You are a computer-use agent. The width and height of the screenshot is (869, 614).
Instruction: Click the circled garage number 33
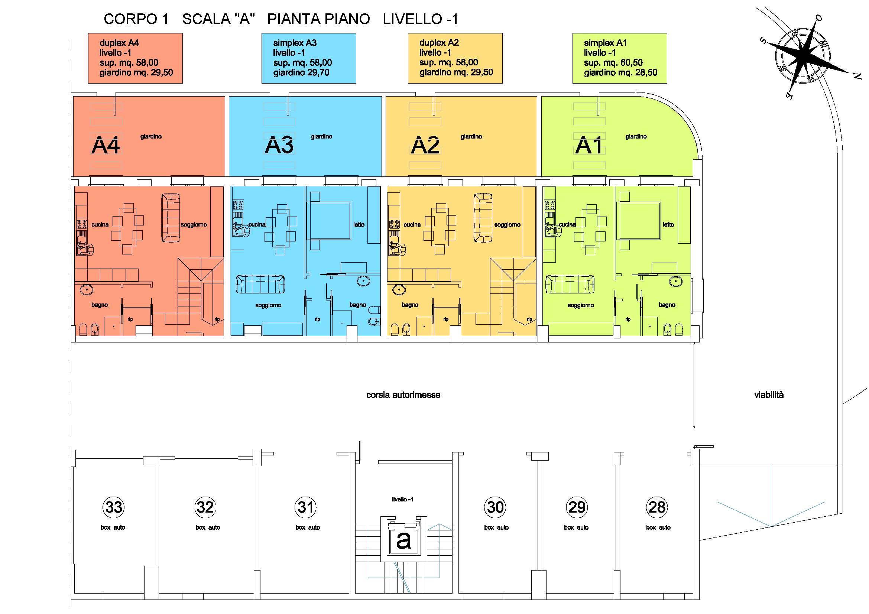[114, 507]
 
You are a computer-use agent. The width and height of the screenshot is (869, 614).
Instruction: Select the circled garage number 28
[656, 507]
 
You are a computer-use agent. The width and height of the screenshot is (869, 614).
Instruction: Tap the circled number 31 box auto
[306, 507]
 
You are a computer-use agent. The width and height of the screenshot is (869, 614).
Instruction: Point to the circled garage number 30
[495, 507]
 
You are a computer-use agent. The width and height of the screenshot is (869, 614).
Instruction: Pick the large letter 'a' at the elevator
[403, 540]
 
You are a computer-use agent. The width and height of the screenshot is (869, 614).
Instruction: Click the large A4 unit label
[106, 145]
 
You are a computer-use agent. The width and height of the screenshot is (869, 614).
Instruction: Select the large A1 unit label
[588, 145]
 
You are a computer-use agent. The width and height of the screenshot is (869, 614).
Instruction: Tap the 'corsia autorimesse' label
[403, 395]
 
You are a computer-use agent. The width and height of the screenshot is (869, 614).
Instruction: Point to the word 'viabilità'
[769, 395]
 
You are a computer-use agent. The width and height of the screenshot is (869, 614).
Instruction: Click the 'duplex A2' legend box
[455, 58]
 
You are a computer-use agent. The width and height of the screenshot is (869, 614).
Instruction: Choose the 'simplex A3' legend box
[309, 58]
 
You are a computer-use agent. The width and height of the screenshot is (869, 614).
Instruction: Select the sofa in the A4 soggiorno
[171, 218]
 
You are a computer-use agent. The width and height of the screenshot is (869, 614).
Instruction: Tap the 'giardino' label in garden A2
[471, 137]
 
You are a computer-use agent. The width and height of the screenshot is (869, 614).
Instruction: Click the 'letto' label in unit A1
[668, 225]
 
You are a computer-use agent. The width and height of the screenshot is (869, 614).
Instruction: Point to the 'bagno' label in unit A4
[100, 305]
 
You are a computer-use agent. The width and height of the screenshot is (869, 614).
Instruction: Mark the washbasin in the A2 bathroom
[399, 289]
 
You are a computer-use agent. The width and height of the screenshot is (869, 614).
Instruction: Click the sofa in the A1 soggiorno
[570, 285]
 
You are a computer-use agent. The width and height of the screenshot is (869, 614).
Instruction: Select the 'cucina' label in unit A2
[412, 225]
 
